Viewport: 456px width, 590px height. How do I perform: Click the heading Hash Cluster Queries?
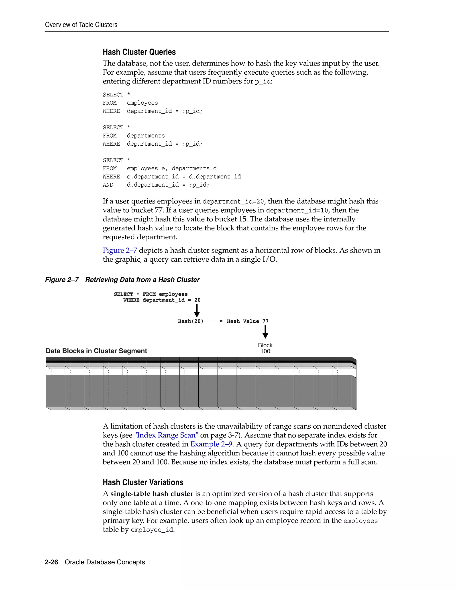click(x=139, y=52)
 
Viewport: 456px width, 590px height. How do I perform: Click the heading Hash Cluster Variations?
click(x=143, y=482)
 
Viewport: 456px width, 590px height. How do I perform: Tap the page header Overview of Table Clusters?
click(x=81, y=25)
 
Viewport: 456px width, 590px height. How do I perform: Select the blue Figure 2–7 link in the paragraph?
click(x=120, y=250)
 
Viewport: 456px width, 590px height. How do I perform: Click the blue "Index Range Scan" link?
click(x=166, y=435)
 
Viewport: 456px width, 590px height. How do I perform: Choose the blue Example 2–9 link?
click(x=211, y=444)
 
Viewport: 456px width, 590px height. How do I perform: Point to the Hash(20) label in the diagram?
click(x=190, y=321)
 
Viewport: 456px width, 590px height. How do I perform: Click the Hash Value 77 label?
click(x=247, y=321)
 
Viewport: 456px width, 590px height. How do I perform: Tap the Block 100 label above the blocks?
click(x=265, y=348)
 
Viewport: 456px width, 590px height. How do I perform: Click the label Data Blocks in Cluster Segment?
click(x=96, y=351)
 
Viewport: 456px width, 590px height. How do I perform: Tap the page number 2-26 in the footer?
click(x=51, y=562)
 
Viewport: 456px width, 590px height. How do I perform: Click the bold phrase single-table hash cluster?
click(x=152, y=494)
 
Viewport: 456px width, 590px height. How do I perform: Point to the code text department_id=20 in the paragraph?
click(x=233, y=201)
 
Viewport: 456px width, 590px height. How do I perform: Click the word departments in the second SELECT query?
click(x=146, y=136)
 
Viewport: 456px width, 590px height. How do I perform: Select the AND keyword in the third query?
click(x=108, y=185)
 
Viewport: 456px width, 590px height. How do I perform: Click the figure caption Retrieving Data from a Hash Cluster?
click(x=142, y=280)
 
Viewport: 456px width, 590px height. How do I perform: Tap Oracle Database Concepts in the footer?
click(x=105, y=562)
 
